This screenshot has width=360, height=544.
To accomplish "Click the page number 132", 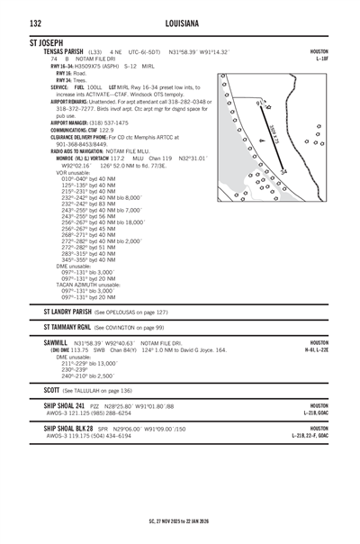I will [x=35, y=23].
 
